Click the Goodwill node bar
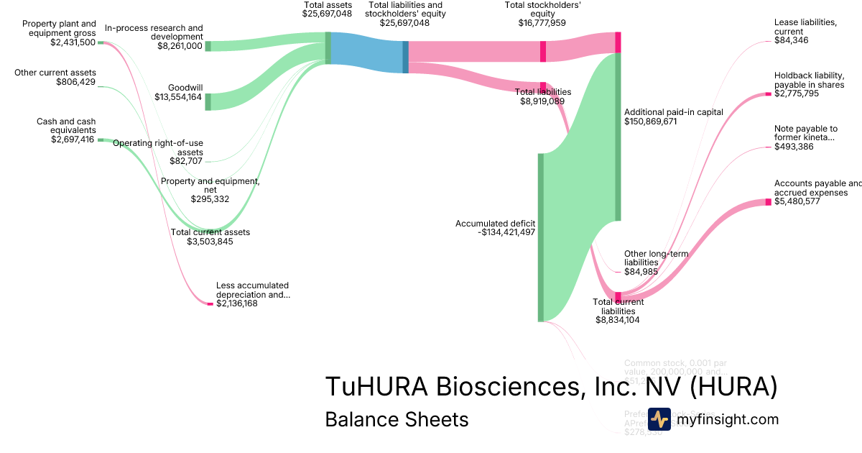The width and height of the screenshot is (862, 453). click(x=208, y=101)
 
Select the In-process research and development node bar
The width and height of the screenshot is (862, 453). click(x=208, y=46)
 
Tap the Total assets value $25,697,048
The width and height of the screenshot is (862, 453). click(x=327, y=14)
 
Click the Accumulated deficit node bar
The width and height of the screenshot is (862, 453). click(x=541, y=237)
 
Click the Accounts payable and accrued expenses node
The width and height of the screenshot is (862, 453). click(x=768, y=202)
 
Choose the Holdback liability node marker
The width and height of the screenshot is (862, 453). click(x=768, y=94)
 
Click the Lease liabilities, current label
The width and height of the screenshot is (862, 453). click(x=805, y=27)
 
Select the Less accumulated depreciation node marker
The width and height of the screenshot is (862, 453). click(x=210, y=304)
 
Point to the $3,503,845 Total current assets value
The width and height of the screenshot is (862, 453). click(x=210, y=242)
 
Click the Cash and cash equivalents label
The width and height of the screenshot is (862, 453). click(x=66, y=126)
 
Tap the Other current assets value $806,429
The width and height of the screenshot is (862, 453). click(x=75, y=82)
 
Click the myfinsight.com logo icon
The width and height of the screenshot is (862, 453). click(x=659, y=419)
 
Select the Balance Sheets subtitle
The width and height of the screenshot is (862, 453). click(x=397, y=419)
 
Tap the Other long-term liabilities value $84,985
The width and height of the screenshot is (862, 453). click(x=641, y=272)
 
